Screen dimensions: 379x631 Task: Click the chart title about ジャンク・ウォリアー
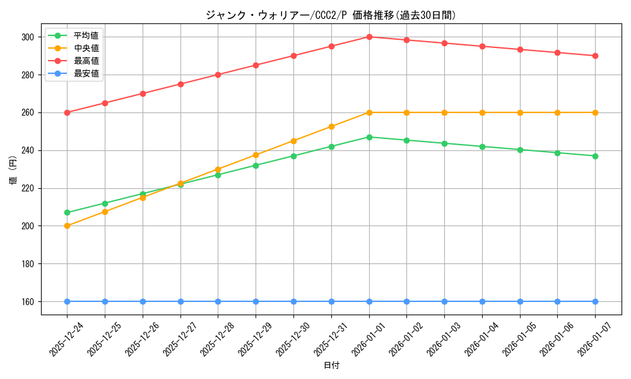331,15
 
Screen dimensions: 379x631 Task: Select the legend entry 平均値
86,35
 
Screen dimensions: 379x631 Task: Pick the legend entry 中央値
86,48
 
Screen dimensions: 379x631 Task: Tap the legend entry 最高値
86,61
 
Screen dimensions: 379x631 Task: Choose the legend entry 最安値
86,73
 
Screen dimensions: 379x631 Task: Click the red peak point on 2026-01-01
369,37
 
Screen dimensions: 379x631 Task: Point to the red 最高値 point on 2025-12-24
67,112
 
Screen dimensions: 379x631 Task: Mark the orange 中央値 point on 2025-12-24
67,226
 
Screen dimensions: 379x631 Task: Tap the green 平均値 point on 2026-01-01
369,137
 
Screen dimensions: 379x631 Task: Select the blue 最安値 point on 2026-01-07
595,301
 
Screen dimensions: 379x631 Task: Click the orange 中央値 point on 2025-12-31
331,126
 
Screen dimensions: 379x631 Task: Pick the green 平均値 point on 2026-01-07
595,156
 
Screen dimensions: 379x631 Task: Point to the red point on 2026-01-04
482,46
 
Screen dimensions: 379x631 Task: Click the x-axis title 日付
331,366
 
